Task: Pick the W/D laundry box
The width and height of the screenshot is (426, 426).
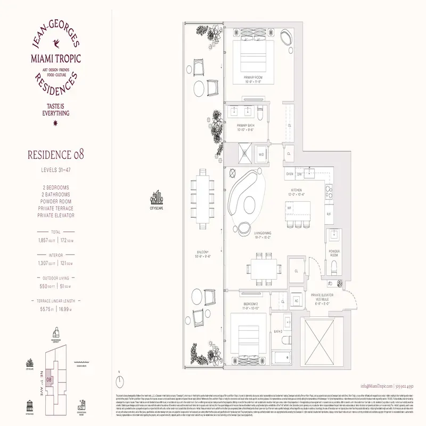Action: pos(261,154)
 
